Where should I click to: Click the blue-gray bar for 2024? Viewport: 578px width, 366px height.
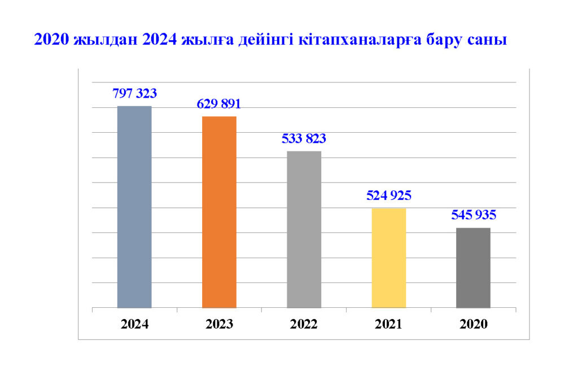coord(134,207)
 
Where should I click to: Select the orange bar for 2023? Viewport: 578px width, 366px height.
coord(219,212)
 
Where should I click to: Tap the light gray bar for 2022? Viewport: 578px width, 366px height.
coord(304,229)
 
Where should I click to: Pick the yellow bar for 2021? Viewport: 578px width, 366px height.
coord(389,258)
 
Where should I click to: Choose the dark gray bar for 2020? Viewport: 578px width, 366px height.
coord(473,268)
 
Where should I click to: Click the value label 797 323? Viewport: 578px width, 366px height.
coord(134,93)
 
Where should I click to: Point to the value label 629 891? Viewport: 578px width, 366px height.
coord(219,103)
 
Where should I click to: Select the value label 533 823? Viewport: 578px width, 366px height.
coord(304,138)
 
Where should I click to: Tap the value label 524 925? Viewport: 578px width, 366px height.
coord(389,196)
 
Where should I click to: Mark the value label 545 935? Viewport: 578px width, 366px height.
coord(474,215)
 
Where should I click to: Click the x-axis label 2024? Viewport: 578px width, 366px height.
coord(134,325)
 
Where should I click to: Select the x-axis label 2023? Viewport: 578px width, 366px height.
coord(219,325)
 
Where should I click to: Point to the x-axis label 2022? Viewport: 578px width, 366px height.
coord(304,325)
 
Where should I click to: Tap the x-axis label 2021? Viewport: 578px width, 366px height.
coord(389,325)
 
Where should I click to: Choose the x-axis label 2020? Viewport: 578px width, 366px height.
coord(474,325)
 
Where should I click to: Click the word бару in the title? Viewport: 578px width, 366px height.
coord(440,41)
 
